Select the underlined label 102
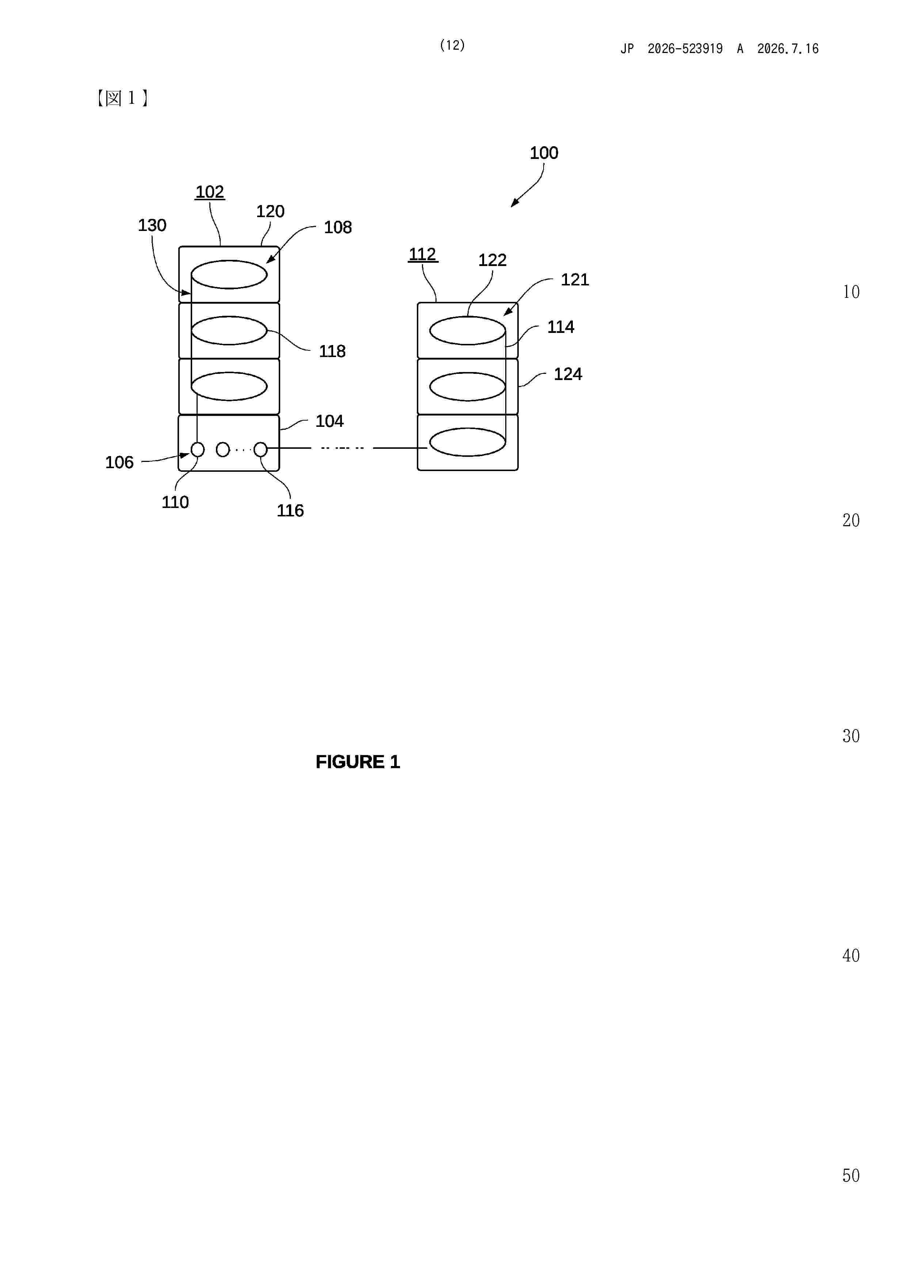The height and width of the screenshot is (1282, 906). point(210,192)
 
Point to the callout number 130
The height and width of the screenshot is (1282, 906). point(152,225)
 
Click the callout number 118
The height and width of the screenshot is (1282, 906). point(332,351)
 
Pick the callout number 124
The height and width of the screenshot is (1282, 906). point(568,374)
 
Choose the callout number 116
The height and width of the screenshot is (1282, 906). point(290,510)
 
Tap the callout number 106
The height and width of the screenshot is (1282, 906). point(119,462)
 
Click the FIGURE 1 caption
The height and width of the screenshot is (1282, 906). point(358,762)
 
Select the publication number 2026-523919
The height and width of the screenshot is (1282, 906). point(685,49)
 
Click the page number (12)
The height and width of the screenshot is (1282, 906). point(452,45)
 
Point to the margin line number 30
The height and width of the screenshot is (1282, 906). point(851,736)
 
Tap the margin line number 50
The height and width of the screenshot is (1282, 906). point(851,1175)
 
